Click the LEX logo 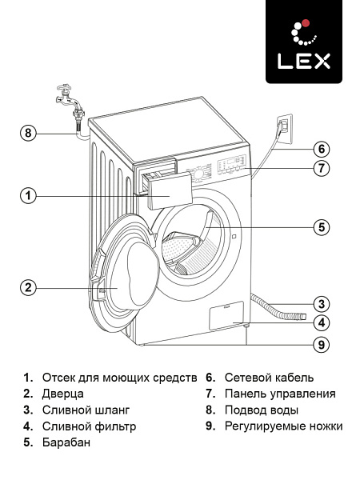[304, 42]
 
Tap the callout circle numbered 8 [29, 134]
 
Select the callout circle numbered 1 [29, 195]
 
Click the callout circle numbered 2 [29, 288]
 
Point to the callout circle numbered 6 [321, 149]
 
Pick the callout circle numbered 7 [321, 168]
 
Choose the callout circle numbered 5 [321, 227]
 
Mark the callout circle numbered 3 [321, 304]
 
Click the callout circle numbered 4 [321, 324]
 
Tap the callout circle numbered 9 [321, 345]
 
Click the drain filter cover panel [226, 315]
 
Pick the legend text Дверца [63, 394]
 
